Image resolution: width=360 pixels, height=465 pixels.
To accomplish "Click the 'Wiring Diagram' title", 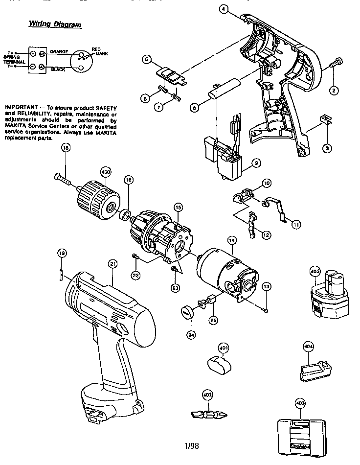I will click(x=54, y=24).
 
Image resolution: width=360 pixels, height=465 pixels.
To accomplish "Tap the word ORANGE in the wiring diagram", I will click(x=59, y=51).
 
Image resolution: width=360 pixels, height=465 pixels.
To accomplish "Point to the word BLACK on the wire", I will click(x=58, y=70).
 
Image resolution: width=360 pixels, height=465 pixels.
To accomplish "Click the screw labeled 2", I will click(x=337, y=63).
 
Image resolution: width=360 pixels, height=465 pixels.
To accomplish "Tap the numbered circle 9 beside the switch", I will click(x=255, y=163).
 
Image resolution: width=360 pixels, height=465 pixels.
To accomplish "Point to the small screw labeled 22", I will click(x=134, y=257).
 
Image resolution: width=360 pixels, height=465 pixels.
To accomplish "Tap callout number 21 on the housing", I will click(x=113, y=264).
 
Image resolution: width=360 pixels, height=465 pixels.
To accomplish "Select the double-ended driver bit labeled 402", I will click(x=207, y=414).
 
